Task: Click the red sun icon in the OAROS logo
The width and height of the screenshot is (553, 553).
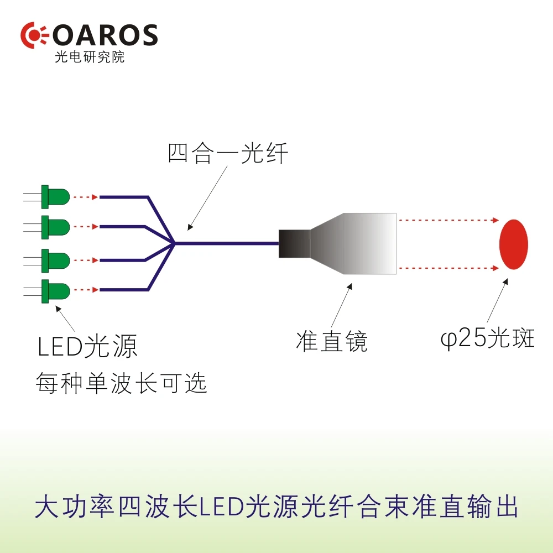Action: point(34,35)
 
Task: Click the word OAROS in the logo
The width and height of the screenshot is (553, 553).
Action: point(105,35)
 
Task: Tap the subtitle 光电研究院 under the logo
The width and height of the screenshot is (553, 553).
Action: point(90,57)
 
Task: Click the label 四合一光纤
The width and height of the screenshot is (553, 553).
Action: point(228,153)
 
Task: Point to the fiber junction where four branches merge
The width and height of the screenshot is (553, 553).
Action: point(174,243)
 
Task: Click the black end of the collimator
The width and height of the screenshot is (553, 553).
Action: point(295,244)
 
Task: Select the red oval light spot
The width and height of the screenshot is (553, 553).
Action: point(514,244)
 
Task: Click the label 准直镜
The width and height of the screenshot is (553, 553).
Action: point(332,341)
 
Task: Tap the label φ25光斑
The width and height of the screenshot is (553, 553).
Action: point(488,338)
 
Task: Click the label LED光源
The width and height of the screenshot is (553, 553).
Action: point(87,346)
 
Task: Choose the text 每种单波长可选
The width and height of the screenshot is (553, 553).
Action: point(121,383)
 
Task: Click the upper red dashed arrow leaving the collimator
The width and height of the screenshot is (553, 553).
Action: point(448,220)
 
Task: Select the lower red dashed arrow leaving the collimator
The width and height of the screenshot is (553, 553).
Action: point(448,268)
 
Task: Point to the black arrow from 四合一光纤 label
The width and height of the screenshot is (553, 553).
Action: point(207,198)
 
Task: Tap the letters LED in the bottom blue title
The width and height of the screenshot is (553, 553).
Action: point(222,507)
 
